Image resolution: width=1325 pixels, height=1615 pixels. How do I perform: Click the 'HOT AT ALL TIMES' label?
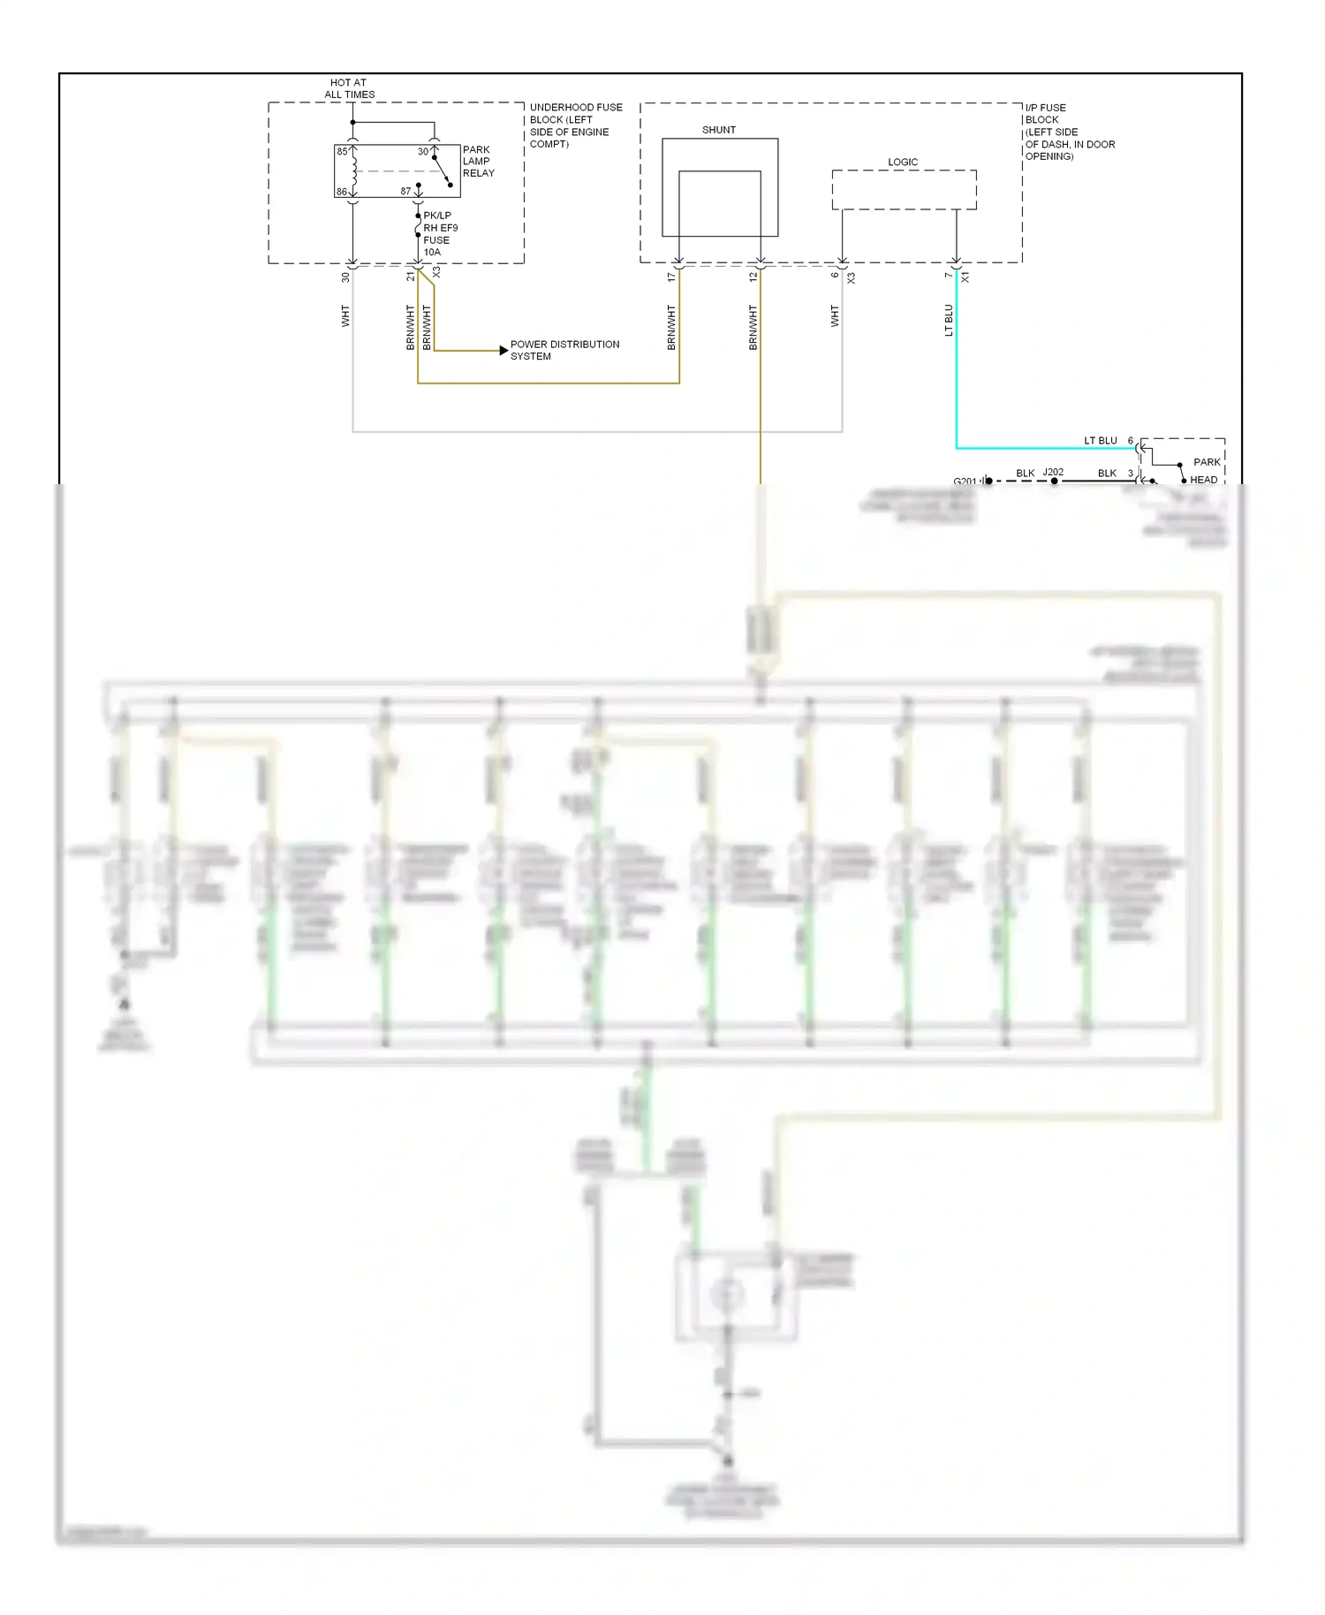[x=349, y=88]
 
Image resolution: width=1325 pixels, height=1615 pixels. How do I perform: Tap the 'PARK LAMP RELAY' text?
[x=478, y=162]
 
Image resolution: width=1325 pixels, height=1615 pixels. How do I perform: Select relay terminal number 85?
[x=342, y=152]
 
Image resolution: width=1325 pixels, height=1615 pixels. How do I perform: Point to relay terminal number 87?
[x=405, y=191]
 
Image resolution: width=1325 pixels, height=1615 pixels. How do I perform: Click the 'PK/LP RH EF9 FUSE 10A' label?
[x=440, y=234]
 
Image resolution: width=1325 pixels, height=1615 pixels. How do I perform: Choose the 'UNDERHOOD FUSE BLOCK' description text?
[x=574, y=125]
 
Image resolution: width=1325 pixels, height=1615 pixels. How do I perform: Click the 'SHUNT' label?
[x=718, y=130]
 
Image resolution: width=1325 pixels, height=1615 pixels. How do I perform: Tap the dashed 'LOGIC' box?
[x=904, y=190]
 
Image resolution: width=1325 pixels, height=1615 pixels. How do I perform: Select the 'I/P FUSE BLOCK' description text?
[x=1068, y=132]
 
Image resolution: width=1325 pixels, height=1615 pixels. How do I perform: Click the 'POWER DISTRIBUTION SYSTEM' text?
[x=564, y=351]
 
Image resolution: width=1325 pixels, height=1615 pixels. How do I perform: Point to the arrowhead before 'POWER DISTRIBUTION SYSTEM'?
[x=504, y=351]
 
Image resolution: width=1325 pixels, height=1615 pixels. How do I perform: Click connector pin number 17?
[x=671, y=277]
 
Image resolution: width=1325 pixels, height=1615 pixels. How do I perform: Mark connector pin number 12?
[x=753, y=277]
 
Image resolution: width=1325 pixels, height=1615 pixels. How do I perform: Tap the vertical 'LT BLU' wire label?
[x=949, y=321]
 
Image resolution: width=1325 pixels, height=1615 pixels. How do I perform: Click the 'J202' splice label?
[x=1053, y=472]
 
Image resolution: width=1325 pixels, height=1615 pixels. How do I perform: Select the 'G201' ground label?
[x=965, y=481]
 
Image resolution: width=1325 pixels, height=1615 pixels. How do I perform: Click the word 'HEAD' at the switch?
[x=1203, y=480]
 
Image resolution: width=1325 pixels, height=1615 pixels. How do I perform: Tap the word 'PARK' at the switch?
[x=1206, y=462]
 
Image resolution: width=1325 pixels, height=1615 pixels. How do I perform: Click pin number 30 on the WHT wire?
[x=345, y=277]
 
